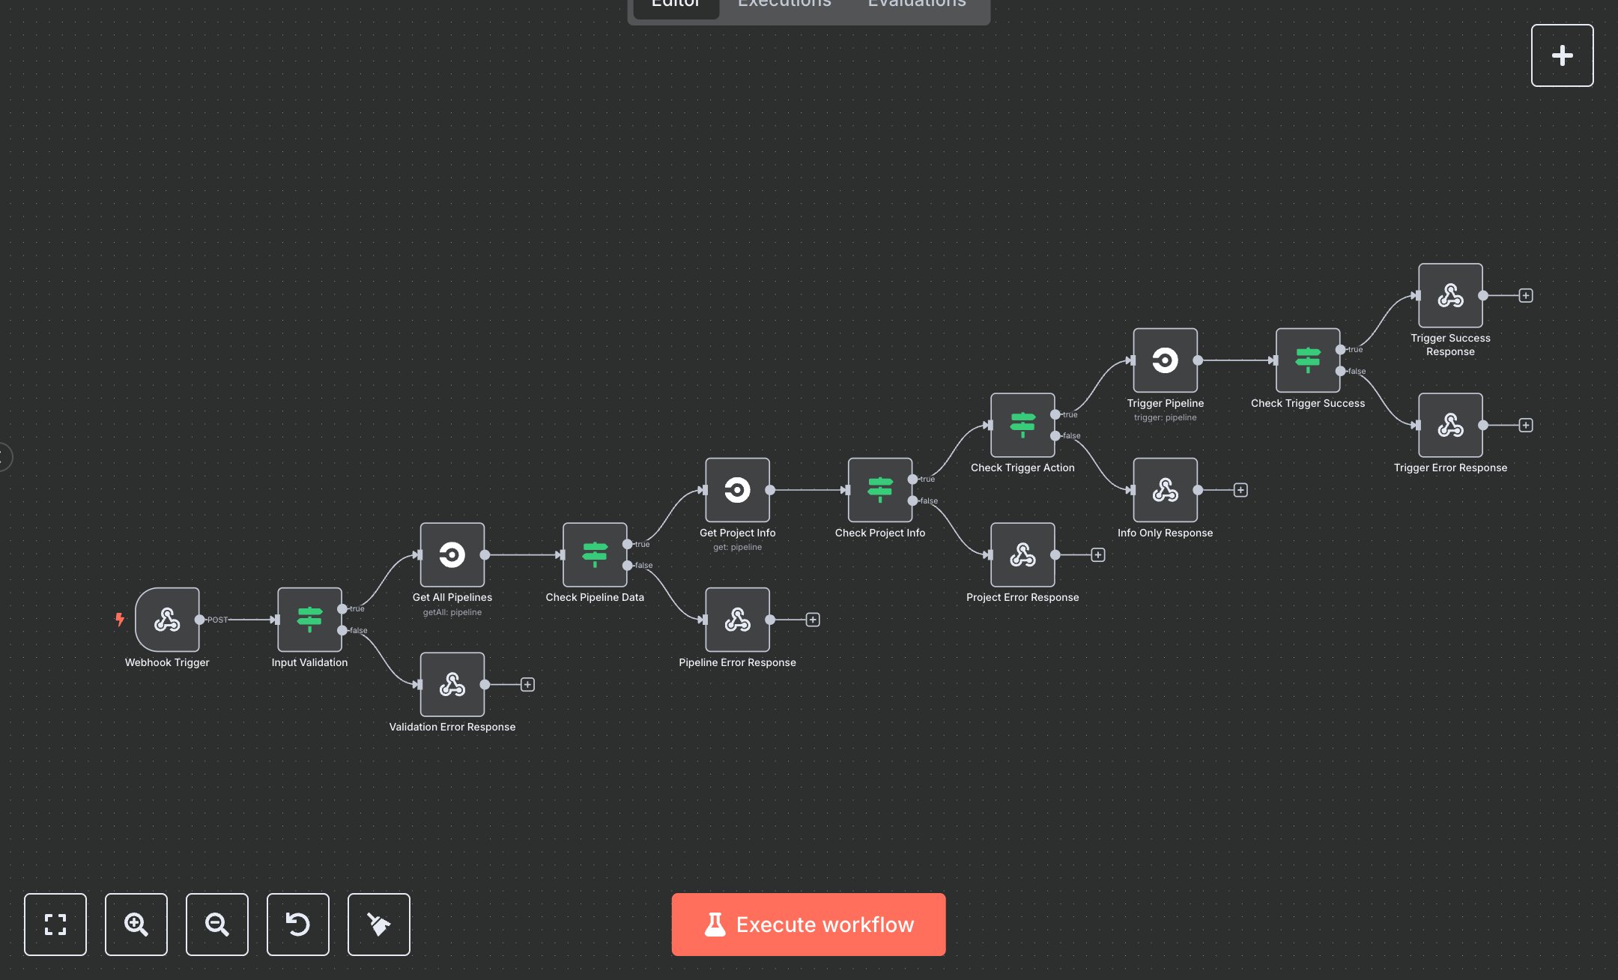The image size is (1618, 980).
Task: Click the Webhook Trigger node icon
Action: [x=167, y=620]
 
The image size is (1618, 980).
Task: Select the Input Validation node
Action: [x=309, y=620]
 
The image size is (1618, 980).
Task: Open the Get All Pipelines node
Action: [x=452, y=554]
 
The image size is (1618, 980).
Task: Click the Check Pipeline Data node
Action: [x=595, y=554]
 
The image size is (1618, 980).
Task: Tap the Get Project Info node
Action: [x=737, y=490]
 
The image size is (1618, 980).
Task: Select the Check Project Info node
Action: [x=880, y=490]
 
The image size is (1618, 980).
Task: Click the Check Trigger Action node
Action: [x=1022, y=425]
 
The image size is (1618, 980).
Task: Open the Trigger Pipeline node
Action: [x=1165, y=360]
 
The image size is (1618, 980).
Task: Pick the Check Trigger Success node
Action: [x=1308, y=360]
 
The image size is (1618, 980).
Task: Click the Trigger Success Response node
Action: [x=1450, y=295]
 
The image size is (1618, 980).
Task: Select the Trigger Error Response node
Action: [x=1450, y=425]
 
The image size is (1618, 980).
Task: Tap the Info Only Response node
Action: [x=1165, y=490]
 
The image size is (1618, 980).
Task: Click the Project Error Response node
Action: [x=1022, y=554]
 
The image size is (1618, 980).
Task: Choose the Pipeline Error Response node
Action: [x=737, y=620]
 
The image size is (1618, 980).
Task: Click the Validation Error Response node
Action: [x=452, y=684]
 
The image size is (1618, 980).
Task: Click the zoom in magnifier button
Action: [x=136, y=925]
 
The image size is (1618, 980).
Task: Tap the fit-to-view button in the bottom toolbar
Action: [x=55, y=925]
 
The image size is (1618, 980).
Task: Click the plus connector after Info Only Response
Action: [x=1240, y=490]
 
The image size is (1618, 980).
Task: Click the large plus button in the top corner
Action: [x=1562, y=55]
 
